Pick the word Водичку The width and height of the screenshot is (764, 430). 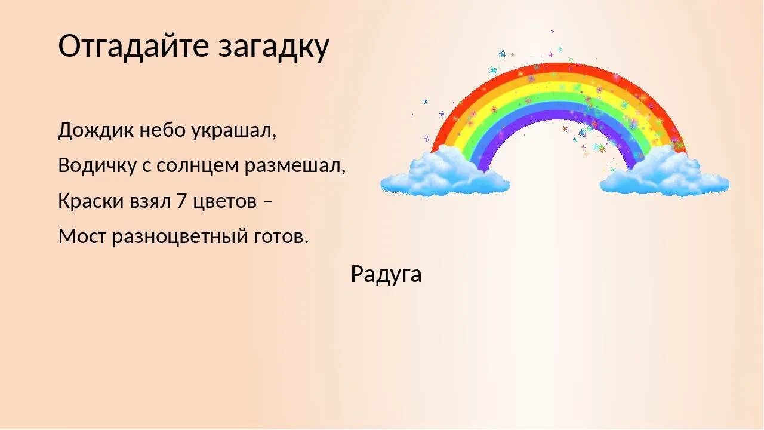pos(97,165)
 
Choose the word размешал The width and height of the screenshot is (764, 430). pos(295,165)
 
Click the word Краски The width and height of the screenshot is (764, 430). pos(90,201)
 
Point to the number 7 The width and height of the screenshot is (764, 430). pos(182,201)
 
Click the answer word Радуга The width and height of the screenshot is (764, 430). pos(386,274)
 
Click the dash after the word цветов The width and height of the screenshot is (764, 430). pos(268,202)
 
